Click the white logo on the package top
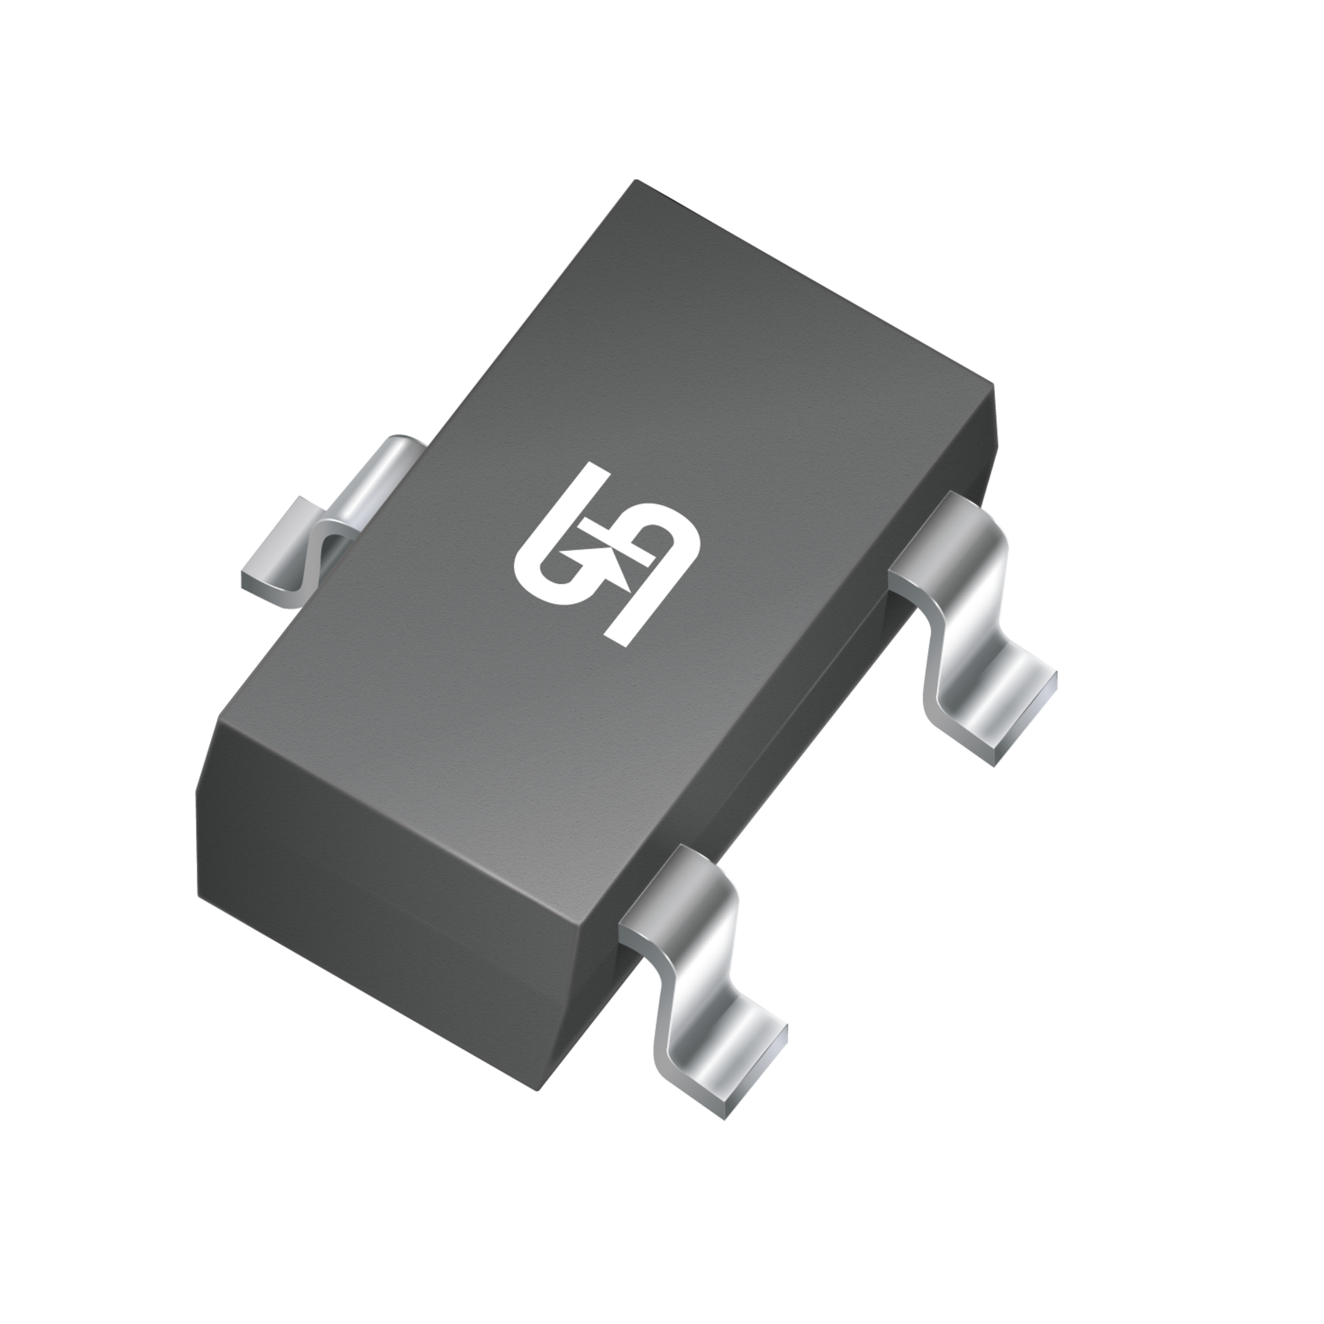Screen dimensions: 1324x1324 (606, 555)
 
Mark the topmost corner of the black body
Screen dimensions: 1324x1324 (636, 181)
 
